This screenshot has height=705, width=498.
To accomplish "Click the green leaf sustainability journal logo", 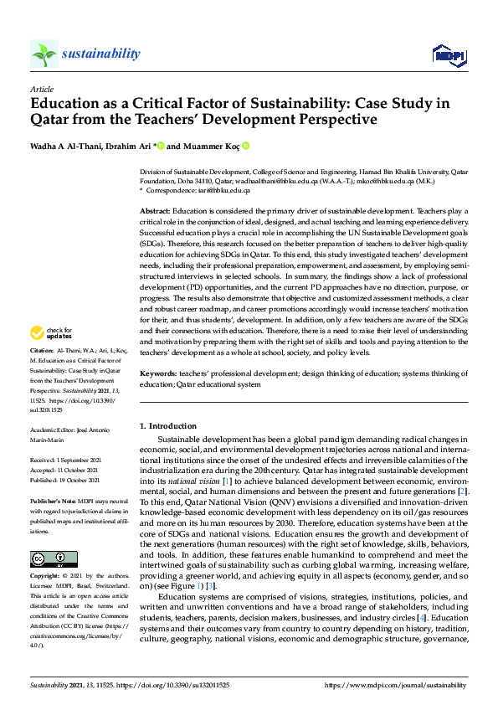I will click(x=44, y=54).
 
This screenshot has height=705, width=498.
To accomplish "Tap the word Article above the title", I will click(x=41, y=88).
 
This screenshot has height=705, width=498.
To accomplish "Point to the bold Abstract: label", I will click(x=156, y=211).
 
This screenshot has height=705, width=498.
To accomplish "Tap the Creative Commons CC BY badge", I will click(x=54, y=536).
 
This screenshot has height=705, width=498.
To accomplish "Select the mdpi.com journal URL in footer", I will click(x=395, y=684).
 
